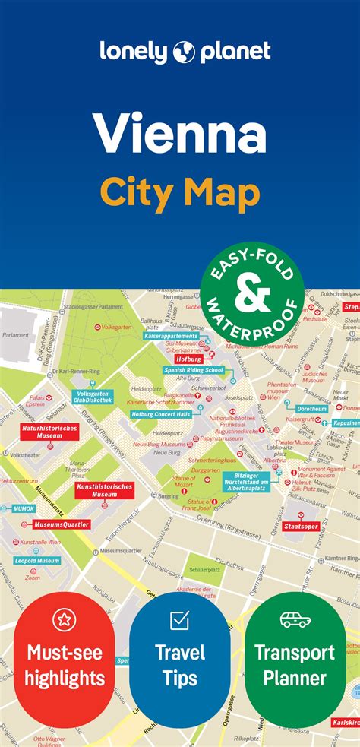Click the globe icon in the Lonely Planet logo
coord(185,52)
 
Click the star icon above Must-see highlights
coord(65,620)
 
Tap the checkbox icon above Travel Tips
coord(179,620)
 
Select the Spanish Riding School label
coord(193,370)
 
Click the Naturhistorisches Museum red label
coord(50,432)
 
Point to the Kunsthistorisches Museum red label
coord(105,490)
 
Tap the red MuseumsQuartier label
coord(62,524)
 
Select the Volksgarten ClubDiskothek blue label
coord(93,396)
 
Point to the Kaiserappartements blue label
coord(171,335)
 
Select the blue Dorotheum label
coord(311,409)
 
